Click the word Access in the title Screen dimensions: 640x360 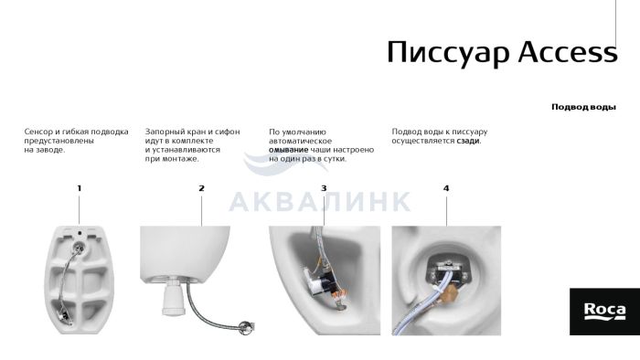click(x=568, y=52)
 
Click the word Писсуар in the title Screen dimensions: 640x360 click(x=448, y=53)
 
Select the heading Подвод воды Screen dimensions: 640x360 click(x=583, y=107)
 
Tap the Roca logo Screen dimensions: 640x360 click(x=604, y=312)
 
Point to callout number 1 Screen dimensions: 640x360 click(x=80, y=188)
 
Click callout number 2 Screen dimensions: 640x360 click(x=201, y=188)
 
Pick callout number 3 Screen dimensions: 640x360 click(x=324, y=188)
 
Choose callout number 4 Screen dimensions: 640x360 click(x=446, y=188)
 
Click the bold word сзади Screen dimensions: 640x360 click(x=468, y=141)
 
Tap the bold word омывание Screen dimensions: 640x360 click(x=288, y=150)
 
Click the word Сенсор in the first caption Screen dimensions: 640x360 click(x=38, y=132)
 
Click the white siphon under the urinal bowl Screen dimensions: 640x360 click(x=174, y=297)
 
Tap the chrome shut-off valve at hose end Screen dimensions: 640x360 click(x=246, y=327)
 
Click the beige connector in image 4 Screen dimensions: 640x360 click(x=451, y=292)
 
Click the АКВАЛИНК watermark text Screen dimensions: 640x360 click(x=320, y=201)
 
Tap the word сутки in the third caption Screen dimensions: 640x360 click(x=335, y=159)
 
